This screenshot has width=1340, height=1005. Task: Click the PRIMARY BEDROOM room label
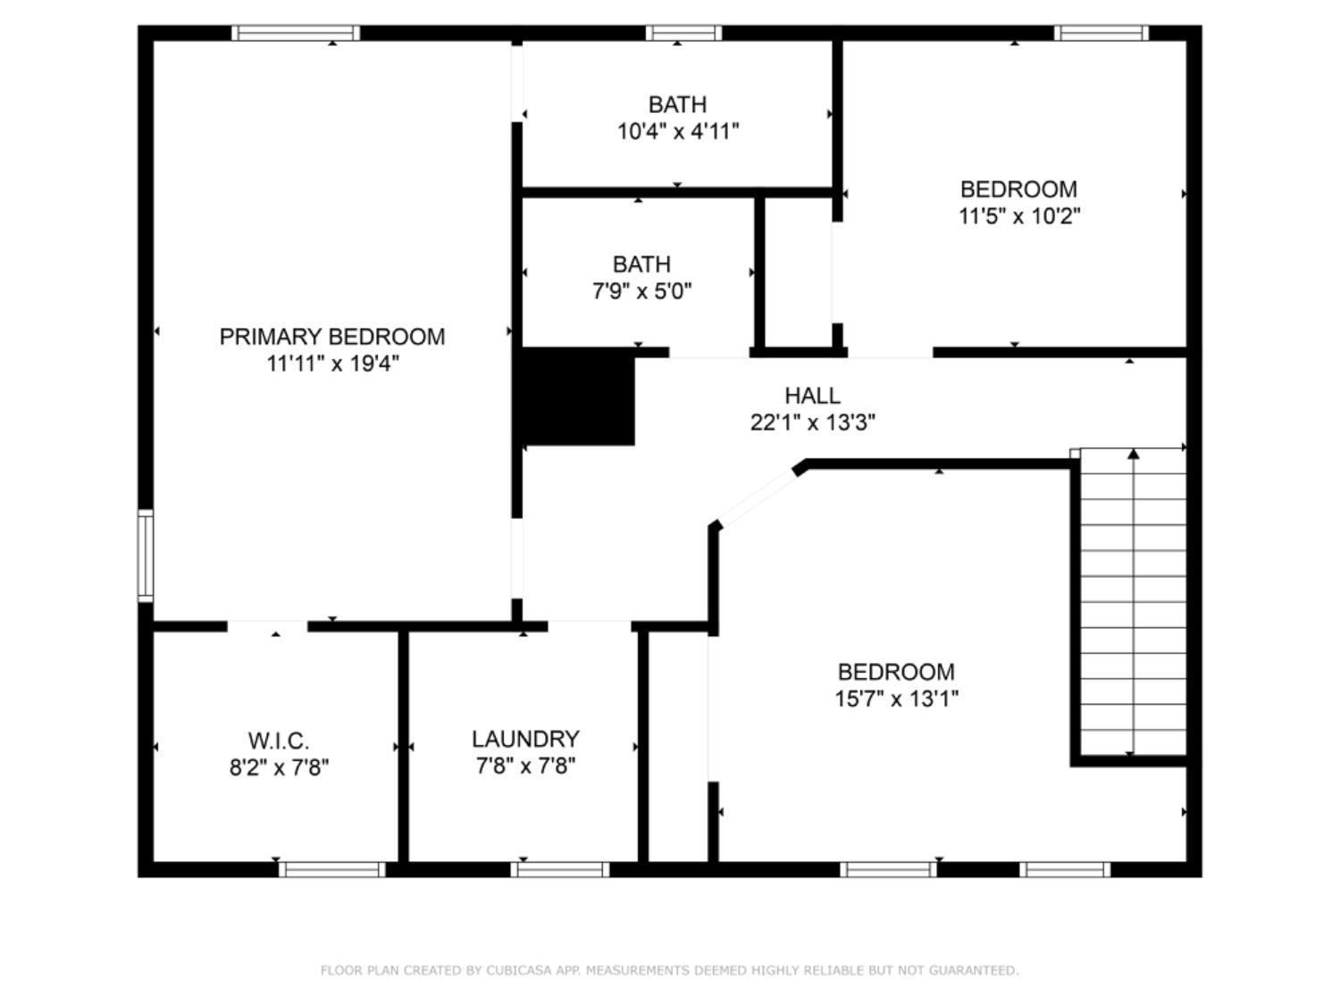331,337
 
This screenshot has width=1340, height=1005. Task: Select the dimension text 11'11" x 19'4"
331,364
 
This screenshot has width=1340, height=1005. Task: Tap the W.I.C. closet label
279,741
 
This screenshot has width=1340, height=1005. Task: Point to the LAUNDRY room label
525,739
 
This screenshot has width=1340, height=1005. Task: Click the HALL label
812,395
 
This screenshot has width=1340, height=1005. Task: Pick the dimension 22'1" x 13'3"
812,422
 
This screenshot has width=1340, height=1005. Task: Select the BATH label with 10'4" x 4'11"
677,105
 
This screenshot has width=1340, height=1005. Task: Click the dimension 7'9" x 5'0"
641,291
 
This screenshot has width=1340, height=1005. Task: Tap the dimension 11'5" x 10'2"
1018,216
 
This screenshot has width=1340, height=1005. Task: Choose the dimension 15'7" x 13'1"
896,699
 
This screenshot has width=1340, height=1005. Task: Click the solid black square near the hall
578,397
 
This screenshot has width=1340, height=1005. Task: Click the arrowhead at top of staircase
1133,455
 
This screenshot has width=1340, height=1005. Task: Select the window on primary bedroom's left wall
145,554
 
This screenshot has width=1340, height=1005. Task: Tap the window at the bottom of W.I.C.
331,869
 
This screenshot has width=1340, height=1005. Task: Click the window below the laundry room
560,869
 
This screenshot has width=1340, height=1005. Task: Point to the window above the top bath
683,33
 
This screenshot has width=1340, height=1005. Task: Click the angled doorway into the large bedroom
758,498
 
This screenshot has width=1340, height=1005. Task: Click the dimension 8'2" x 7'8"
279,767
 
